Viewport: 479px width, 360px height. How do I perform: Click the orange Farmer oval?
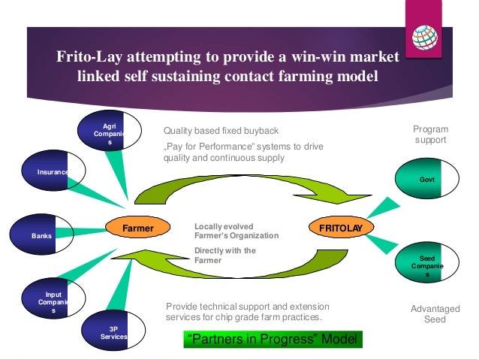pos(138,227)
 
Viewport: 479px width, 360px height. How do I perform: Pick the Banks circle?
pos(41,235)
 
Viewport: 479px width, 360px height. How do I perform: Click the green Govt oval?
pos(428,180)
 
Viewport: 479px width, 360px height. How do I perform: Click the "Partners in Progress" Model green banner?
pos(272,340)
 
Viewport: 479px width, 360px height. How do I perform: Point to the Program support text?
pos(429,135)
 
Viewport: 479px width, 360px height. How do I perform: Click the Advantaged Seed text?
pos(429,313)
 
